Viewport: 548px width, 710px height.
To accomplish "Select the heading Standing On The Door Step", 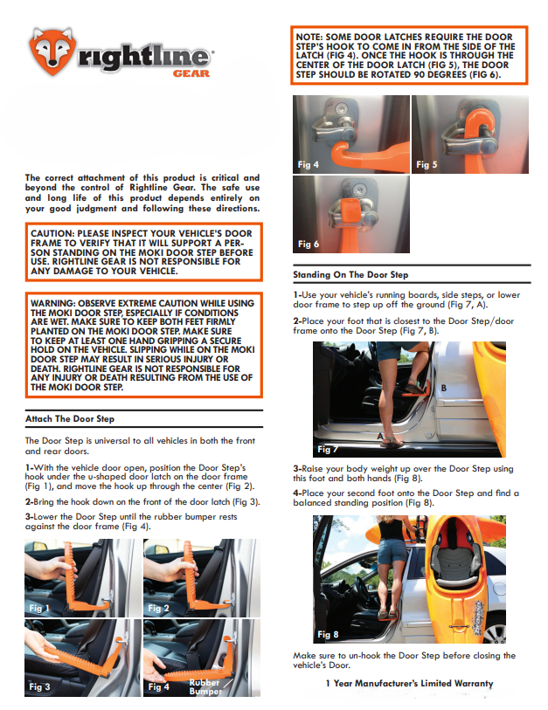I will (x=350, y=274).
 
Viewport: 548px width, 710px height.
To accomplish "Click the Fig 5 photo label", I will (x=426, y=164).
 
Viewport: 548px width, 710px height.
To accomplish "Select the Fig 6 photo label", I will (x=309, y=244).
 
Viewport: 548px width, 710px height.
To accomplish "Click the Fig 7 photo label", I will (x=328, y=449).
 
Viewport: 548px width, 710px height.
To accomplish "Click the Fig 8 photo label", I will (x=328, y=634).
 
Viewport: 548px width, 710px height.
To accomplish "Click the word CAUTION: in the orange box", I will (x=53, y=235).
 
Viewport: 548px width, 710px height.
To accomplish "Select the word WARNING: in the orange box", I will (x=53, y=304).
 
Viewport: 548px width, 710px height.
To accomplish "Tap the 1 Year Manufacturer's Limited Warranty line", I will (x=408, y=683).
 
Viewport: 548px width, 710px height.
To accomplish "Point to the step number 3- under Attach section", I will (x=30, y=516).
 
